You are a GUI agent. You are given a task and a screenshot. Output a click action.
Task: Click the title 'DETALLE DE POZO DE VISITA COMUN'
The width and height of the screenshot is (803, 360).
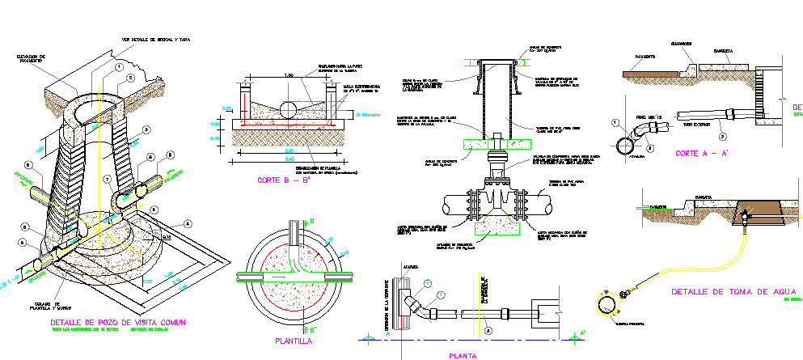point(117,323)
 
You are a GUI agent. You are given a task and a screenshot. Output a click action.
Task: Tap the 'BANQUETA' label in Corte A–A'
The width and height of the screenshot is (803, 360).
point(722,51)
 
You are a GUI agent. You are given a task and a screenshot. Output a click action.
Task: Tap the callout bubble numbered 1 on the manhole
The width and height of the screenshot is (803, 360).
point(118,66)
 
